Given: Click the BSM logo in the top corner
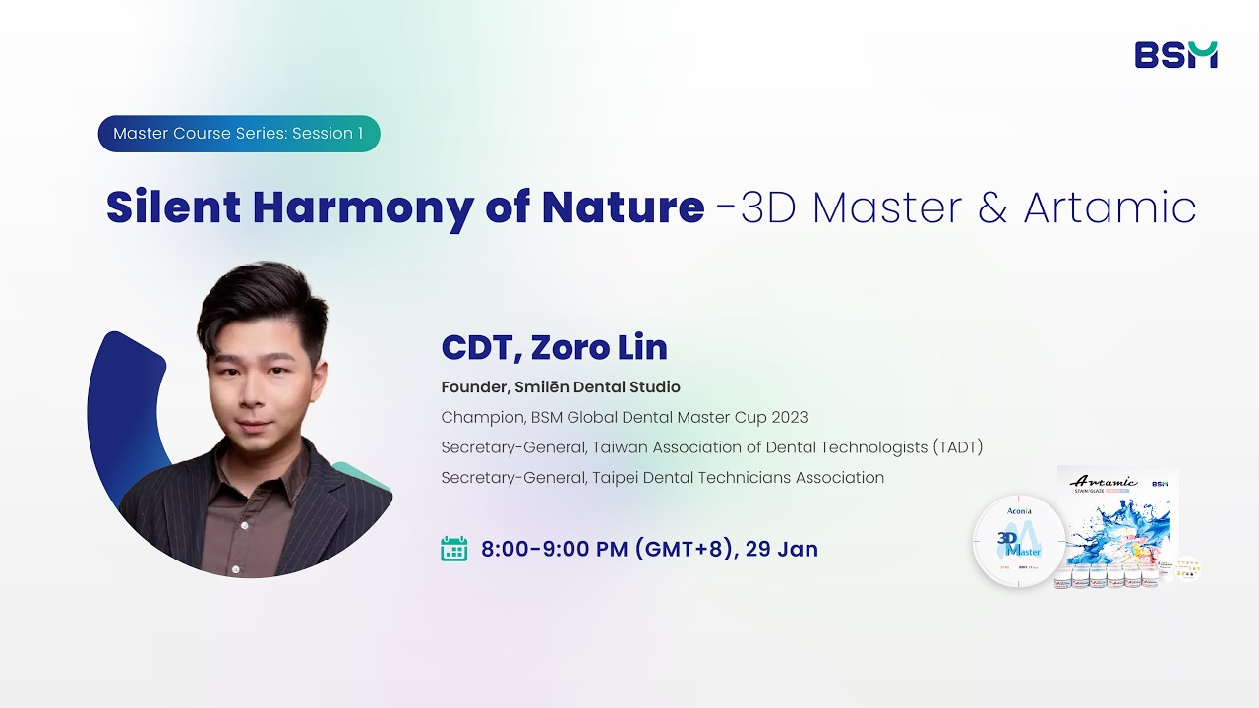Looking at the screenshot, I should [1175, 55].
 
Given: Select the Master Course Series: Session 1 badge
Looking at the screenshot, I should [238, 134].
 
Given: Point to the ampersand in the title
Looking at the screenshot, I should [990, 207].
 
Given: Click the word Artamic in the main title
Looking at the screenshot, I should [1109, 207].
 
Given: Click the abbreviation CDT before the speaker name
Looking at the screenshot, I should [478, 347].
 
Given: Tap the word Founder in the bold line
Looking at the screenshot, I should [473, 387].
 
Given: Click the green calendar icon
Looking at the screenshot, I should [453, 549].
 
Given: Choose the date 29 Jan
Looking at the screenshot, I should [782, 549].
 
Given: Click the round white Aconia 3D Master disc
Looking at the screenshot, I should [1018, 542].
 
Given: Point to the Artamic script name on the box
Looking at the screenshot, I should [1103, 482].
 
